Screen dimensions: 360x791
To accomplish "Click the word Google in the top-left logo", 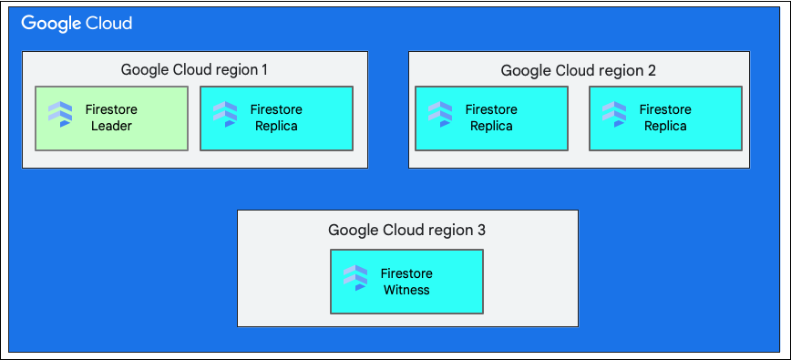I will pos(51,24).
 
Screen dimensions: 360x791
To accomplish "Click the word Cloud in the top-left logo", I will pos(109,24).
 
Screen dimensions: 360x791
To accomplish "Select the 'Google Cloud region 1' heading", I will pos(194,69).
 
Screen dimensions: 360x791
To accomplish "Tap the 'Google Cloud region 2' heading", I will pos(579,70).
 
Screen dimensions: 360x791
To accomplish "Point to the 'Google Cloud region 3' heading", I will pos(406,230).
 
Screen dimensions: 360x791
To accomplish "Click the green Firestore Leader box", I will pos(111,118).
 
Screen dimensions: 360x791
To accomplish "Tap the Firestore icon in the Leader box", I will pos(60,114).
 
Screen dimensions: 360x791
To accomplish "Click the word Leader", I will pos(111,127).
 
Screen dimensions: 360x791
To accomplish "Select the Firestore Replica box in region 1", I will pos(276,118).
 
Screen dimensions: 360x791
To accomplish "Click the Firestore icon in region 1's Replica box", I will pos(224,114).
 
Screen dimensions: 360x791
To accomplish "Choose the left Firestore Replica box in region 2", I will pos(491,118).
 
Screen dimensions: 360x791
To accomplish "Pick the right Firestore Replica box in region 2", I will pos(665,118).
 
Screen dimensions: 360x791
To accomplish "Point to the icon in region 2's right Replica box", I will pos(613,114).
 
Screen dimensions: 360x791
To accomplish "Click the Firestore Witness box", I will pos(406,282).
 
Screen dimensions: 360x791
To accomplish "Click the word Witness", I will pos(406,291).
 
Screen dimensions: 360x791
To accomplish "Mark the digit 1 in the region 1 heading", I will pos(263,69).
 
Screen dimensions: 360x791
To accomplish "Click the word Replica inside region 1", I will pos(276,127).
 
